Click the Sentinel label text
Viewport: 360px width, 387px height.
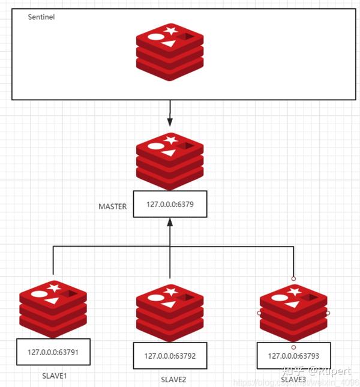pyautogui.click(x=41, y=17)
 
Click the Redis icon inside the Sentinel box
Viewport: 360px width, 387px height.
pyautogui.click(x=170, y=55)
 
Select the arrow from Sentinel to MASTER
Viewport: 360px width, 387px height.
pyautogui.click(x=170, y=112)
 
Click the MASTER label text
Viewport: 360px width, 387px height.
pyautogui.click(x=113, y=206)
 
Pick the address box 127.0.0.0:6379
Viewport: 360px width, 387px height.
pyautogui.click(x=170, y=205)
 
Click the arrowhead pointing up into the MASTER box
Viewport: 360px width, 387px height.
pyautogui.click(x=170, y=223)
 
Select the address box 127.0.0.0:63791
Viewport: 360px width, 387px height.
pyautogui.click(x=53, y=352)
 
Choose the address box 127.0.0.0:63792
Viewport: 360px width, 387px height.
pyautogui.click(x=170, y=355)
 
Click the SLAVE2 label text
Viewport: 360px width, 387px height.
pyautogui.click(x=173, y=379)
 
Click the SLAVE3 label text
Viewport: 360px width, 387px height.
pyautogui.click(x=294, y=379)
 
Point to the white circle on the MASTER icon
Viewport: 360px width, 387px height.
pyautogui.click(x=155, y=146)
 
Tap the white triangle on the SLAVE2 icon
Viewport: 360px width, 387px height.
pyautogui.click(x=170, y=305)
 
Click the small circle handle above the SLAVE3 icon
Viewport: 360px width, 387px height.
pyautogui.click(x=293, y=278)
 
